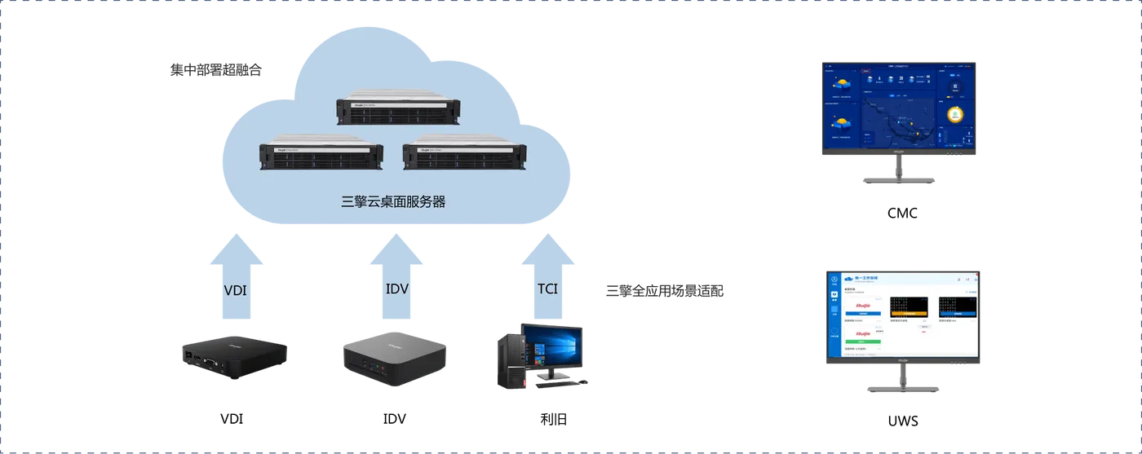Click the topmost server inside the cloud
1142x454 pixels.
tap(399, 111)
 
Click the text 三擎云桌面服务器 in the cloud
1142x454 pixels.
tap(393, 201)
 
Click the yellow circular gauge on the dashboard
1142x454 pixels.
tap(957, 115)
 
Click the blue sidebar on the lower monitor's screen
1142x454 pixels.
tap(834, 314)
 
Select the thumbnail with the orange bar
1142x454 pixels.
tap(909, 306)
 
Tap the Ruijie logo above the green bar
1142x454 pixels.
tap(861, 334)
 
